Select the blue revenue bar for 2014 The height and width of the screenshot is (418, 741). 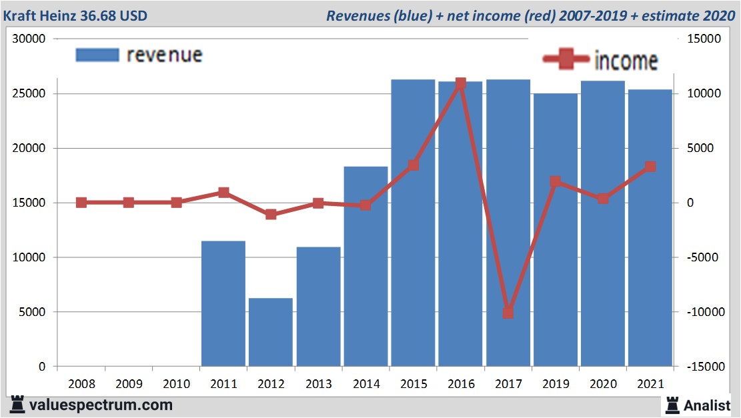point(365,267)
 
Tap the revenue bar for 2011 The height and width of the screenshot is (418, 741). point(223,303)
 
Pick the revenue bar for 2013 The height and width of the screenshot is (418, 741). point(318,307)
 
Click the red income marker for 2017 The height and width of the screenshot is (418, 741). point(508,312)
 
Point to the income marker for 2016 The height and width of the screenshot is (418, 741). point(461,83)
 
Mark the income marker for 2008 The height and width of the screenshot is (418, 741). point(81,203)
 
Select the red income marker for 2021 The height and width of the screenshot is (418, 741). point(650,167)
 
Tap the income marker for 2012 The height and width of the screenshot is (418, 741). point(271,215)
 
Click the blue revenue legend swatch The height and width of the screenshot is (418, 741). point(97,55)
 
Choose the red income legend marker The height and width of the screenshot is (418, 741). point(566,60)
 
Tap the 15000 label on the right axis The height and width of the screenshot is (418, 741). point(704,39)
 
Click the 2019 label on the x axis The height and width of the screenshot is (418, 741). point(556,385)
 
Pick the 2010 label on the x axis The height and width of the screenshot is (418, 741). point(176,385)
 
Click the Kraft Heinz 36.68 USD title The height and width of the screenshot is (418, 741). point(75,15)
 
